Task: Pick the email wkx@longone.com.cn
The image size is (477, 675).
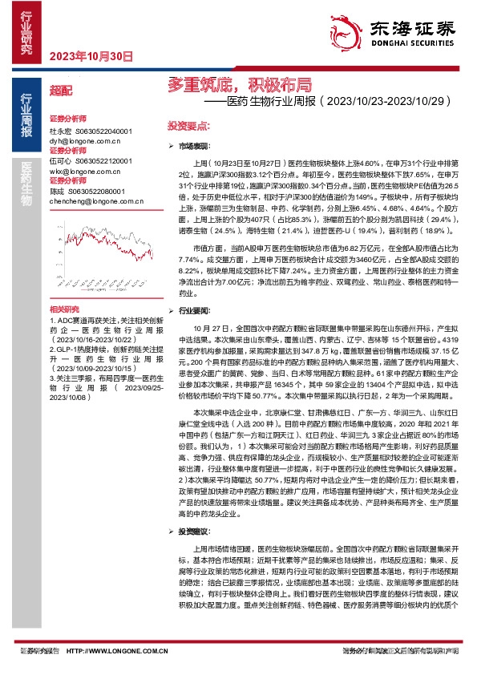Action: pos(87,171)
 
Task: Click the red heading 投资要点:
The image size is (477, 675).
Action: pos(188,127)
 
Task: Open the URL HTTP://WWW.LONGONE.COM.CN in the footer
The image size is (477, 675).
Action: pos(117,651)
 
